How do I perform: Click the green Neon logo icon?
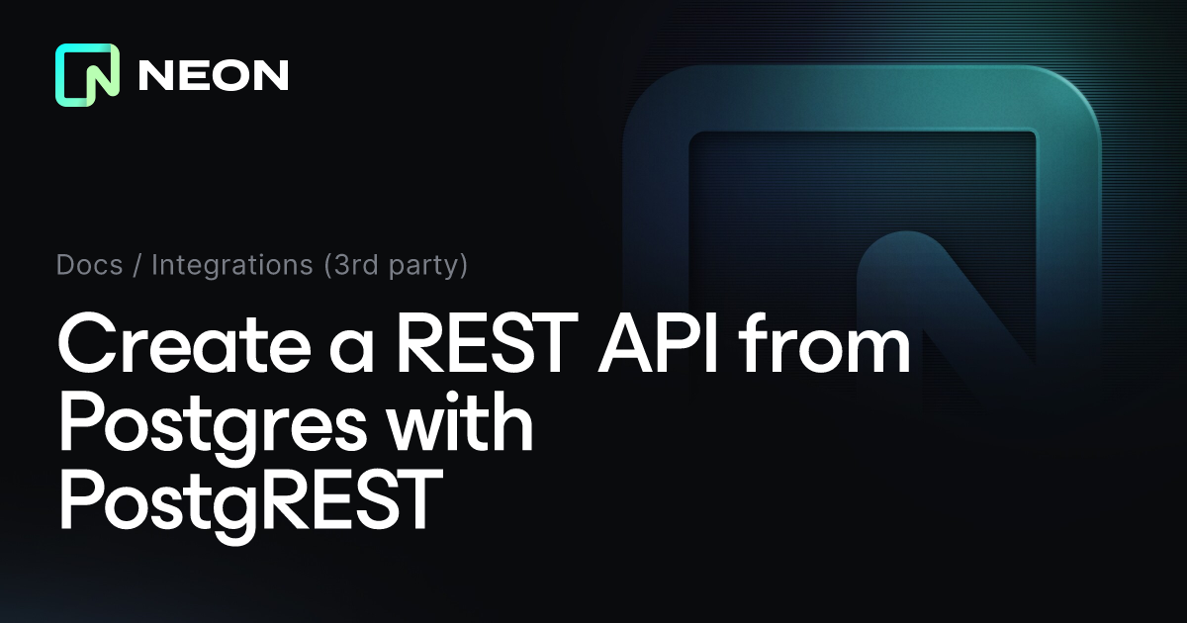87,75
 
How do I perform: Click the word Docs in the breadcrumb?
90,265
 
